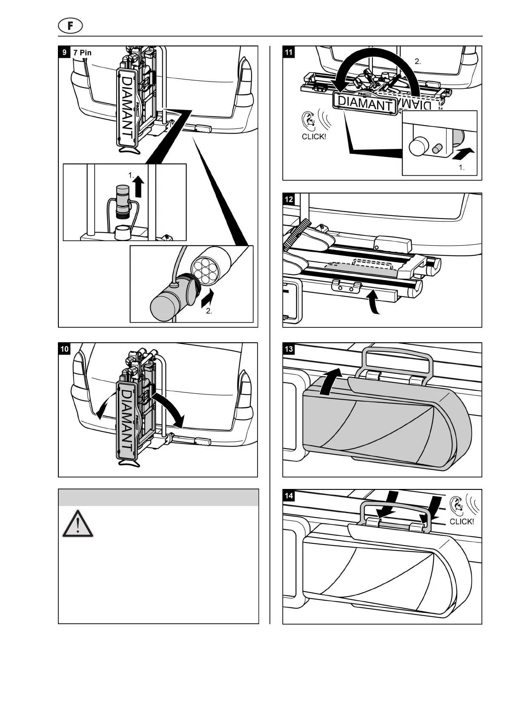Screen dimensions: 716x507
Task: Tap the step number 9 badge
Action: tap(64, 52)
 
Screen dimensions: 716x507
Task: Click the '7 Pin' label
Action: tap(83, 53)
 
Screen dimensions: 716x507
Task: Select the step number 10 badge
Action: tap(64, 349)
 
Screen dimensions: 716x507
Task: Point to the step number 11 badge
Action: tap(289, 52)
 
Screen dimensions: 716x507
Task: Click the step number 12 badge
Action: tap(289, 199)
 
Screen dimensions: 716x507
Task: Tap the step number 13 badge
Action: tap(289, 349)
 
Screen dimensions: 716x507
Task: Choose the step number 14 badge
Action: tap(289, 496)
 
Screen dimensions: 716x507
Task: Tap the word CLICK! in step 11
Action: tap(313, 137)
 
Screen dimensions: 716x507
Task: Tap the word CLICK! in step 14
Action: tap(461, 522)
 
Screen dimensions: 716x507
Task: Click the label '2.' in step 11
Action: tap(418, 61)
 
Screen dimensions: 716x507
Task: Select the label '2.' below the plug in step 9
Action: tap(209, 311)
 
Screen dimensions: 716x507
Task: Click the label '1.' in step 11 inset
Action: tap(461, 168)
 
